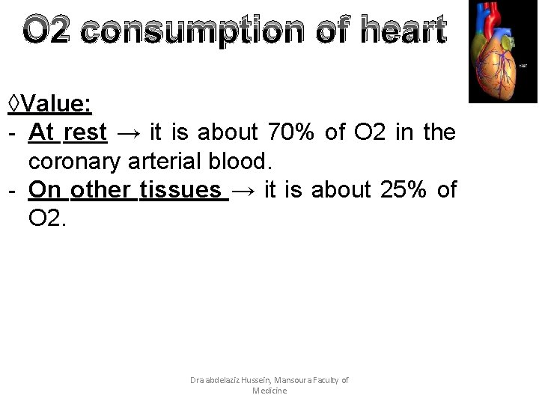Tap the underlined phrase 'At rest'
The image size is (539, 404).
pyautogui.click(x=68, y=132)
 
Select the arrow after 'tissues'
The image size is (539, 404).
pyautogui.click(x=243, y=191)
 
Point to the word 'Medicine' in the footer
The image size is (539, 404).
pyautogui.click(x=269, y=391)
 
